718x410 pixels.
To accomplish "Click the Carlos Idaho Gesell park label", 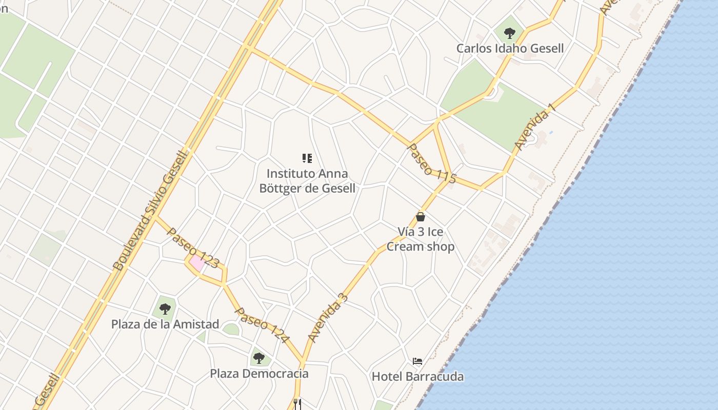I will click(x=510, y=49).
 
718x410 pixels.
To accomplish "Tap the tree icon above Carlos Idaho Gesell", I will click(x=509, y=34).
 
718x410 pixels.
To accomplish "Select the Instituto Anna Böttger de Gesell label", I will click(x=307, y=181).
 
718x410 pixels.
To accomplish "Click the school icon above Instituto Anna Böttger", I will click(x=307, y=158).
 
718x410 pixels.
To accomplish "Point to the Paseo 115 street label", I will click(x=431, y=163).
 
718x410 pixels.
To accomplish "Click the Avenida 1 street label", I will click(x=534, y=127).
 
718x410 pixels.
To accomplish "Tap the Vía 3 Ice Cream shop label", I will click(x=421, y=239).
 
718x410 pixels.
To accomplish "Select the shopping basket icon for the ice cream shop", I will click(x=421, y=217).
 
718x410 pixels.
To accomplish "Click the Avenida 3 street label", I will click(x=328, y=318).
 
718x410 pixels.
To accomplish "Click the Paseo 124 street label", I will click(x=262, y=325).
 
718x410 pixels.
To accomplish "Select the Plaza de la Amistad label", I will click(x=165, y=324).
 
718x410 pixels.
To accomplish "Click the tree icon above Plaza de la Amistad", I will click(x=165, y=309).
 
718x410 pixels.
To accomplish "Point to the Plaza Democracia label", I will click(x=259, y=374).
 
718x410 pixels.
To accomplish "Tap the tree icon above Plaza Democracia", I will click(x=259, y=358).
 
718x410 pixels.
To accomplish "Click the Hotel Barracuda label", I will click(x=417, y=377).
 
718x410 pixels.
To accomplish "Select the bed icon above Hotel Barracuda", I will click(x=417, y=361).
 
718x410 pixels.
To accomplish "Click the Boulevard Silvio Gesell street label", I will click(x=151, y=210).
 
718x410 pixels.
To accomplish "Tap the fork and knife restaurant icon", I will click(x=297, y=404).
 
